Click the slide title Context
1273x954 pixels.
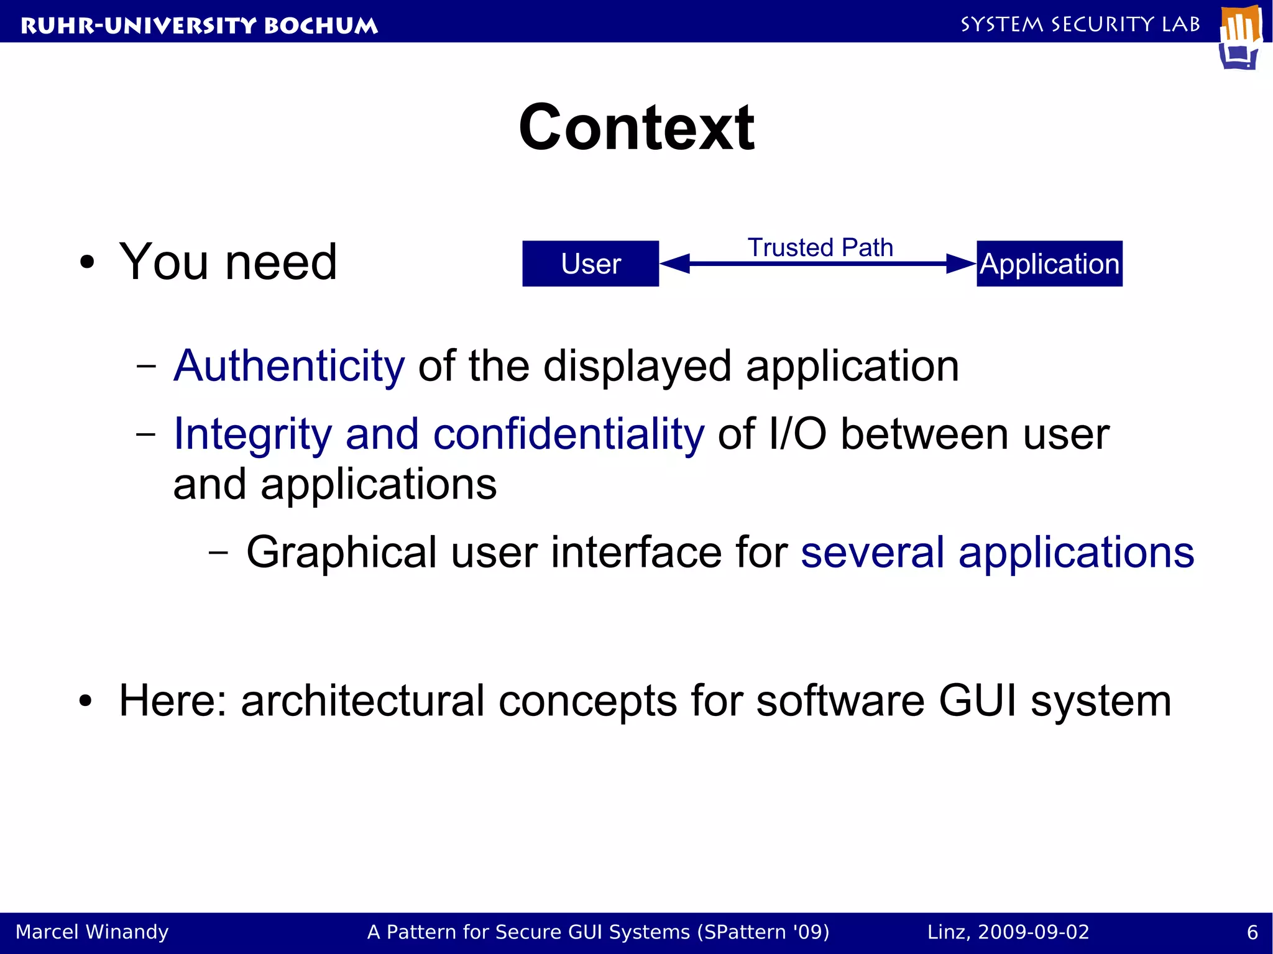[x=636, y=128]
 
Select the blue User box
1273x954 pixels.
[x=590, y=264]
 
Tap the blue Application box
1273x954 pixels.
[x=1049, y=264]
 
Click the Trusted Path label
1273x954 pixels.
[x=820, y=247]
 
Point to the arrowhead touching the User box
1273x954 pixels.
[x=675, y=264]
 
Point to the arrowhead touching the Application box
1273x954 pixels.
[x=961, y=264]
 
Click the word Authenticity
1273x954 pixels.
[x=289, y=366]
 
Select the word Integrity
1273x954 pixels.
[x=252, y=434]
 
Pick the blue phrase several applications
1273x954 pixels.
[x=997, y=553]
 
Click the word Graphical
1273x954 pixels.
[x=341, y=553]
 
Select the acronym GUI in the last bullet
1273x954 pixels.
[x=977, y=700]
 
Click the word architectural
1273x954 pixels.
[x=362, y=700]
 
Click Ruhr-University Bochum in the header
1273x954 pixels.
[x=199, y=25]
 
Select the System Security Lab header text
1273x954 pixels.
[x=1080, y=24]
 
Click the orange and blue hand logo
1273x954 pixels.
[x=1240, y=37]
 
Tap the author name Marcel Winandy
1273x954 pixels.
[x=92, y=932]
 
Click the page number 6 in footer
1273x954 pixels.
[x=1252, y=932]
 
